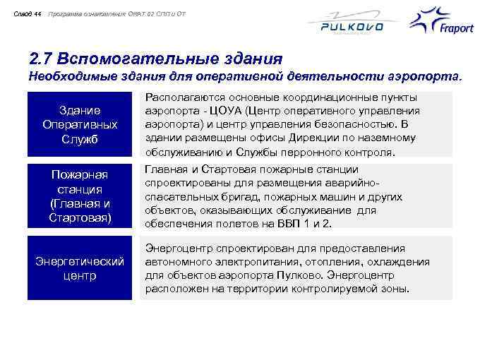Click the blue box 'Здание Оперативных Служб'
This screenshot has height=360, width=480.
80,124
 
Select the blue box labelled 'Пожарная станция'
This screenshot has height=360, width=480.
80,196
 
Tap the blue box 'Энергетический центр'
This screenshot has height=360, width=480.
80,268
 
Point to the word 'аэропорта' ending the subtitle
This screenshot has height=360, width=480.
431,75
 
